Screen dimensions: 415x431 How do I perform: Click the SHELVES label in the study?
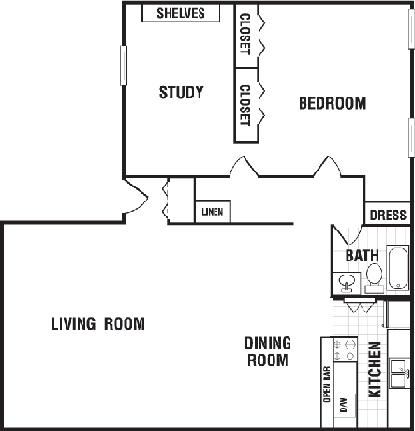(181, 13)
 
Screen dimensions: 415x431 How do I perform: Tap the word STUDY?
(182, 93)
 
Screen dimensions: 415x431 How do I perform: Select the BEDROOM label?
(333, 103)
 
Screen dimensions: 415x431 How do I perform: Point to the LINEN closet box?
(213, 212)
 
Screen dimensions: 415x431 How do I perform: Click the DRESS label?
(388, 215)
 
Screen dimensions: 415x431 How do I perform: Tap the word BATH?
(363, 256)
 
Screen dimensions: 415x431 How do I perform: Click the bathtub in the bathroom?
(398, 268)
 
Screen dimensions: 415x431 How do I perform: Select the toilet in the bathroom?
(374, 278)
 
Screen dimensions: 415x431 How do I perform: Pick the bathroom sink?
(347, 283)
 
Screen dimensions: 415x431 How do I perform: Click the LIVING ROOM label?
(97, 323)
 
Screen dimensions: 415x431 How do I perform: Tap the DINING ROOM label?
(268, 351)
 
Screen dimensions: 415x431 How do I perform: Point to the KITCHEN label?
(375, 369)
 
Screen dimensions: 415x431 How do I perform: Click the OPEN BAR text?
(327, 384)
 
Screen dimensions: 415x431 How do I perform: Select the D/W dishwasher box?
(345, 406)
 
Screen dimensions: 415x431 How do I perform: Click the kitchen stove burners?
(345, 349)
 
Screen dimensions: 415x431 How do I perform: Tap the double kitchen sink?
(399, 373)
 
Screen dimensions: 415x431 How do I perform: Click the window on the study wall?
(124, 66)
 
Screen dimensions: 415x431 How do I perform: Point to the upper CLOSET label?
(245, 35)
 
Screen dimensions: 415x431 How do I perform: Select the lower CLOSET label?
(245, 106)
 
